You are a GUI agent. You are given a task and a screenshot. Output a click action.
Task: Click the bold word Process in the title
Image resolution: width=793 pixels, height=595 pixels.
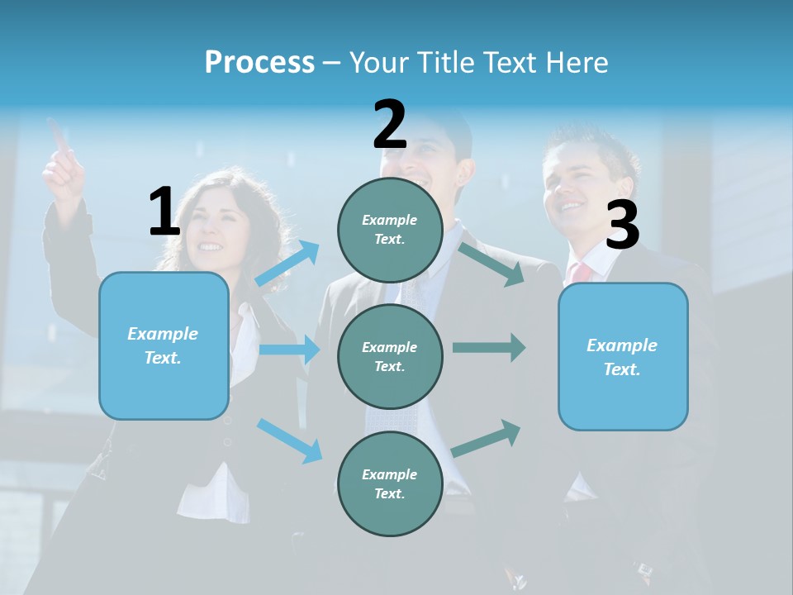point(259,63)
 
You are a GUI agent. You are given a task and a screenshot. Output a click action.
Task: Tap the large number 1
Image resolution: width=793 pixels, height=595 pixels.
point(164,212)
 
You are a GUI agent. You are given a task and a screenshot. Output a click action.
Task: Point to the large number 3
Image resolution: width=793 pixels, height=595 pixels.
point(622,226)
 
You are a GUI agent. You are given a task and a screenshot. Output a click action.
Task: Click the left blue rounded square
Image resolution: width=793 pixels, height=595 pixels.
point(164,345)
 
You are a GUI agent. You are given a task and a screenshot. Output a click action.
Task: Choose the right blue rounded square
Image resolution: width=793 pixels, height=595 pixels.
point(623,356)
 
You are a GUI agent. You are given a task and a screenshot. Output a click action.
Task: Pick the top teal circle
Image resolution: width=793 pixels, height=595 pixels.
point(390,230)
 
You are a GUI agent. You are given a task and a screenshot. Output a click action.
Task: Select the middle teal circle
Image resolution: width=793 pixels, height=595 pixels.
point(390,356)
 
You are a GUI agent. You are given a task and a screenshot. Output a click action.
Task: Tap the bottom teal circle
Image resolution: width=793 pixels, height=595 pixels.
point(390,483)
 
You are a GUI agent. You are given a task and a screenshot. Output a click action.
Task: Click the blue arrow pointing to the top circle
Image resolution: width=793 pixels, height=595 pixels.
point(287,264)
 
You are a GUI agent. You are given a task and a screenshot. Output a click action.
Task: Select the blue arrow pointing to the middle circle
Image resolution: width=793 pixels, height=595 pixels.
point(289,350)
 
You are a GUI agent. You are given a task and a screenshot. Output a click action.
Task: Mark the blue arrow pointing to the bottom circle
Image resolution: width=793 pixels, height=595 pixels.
point(289,440)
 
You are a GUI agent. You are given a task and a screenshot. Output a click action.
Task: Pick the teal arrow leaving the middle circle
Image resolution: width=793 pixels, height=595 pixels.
point(489,347)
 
